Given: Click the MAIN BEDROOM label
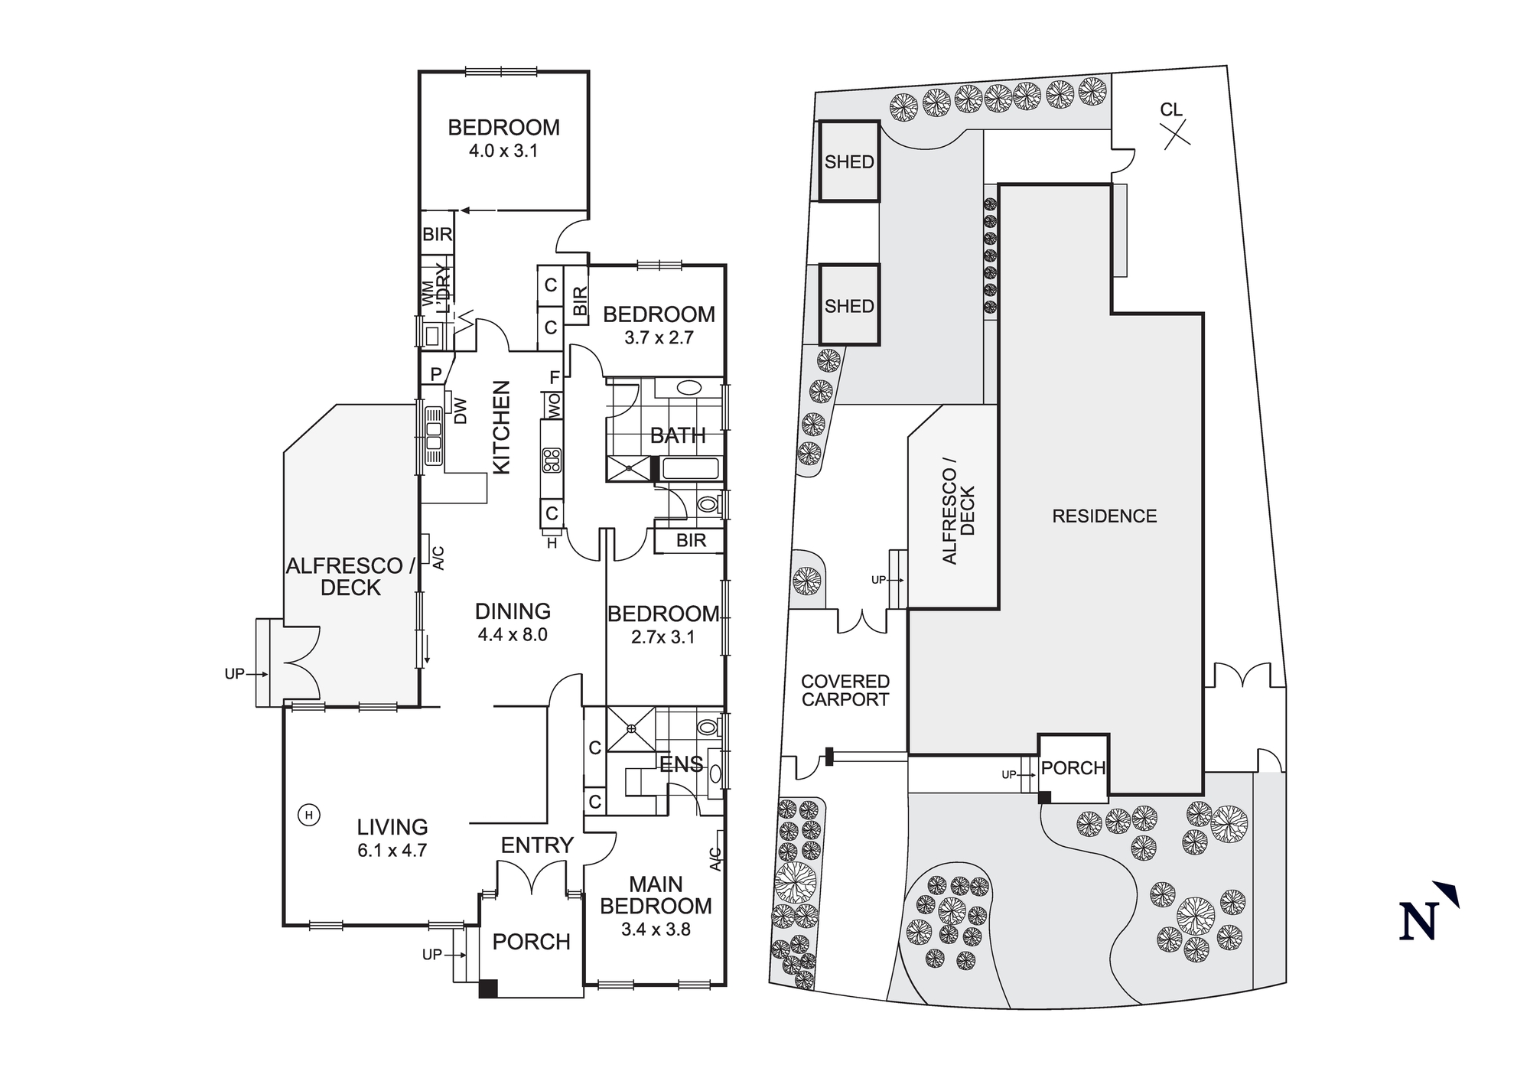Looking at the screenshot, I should [x=656, y=895].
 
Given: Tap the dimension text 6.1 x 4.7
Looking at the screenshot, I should [x=392, y=850].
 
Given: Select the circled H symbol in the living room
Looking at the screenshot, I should [x=309, y=815].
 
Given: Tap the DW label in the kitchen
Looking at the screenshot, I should [x=461, y=411].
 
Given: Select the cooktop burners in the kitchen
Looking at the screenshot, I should [x=552, y=460].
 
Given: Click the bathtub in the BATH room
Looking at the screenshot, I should [x=690, y=468].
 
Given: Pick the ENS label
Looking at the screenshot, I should [x=681, y=764].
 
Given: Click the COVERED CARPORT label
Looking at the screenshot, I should [x=845, y=690].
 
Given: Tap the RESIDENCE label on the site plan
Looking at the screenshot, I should [x=1104, y=516].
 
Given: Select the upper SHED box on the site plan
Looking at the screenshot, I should [x=849, y=161].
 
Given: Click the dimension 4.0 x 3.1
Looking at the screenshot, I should [x=503, y=151].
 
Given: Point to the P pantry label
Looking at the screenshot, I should [x=436, y=374].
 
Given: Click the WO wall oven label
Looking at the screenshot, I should [x=553, y=405].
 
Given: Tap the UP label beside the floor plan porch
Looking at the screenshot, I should [x=432, y=955].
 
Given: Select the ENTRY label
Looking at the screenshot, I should [x=537, y=845].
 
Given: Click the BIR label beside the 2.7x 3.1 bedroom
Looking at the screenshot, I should [x=691, y=541].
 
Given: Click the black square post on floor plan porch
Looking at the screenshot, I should [x=488, y=988].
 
